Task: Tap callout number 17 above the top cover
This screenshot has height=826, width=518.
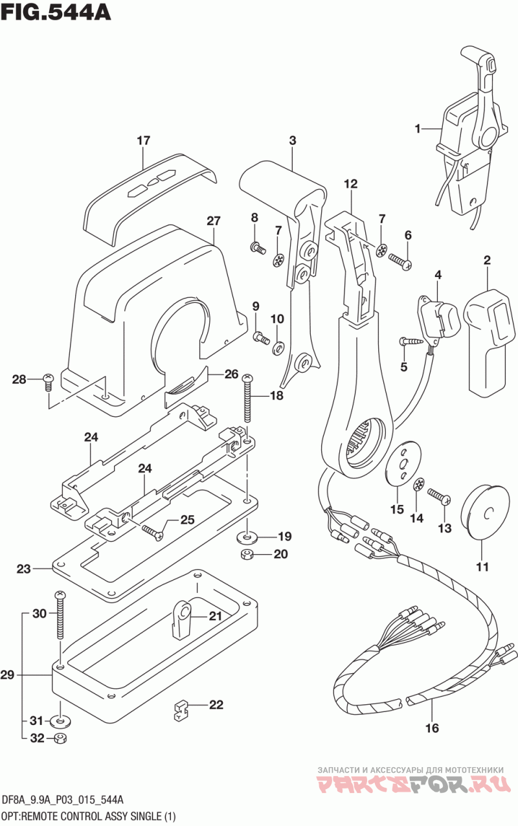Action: point(143,140)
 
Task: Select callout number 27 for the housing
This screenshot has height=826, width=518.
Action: point(214,221)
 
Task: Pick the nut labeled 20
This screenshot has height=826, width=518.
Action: point(245,554)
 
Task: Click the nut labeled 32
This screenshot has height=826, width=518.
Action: point(60,739)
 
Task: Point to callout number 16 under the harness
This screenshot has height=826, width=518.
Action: point(431,728)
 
